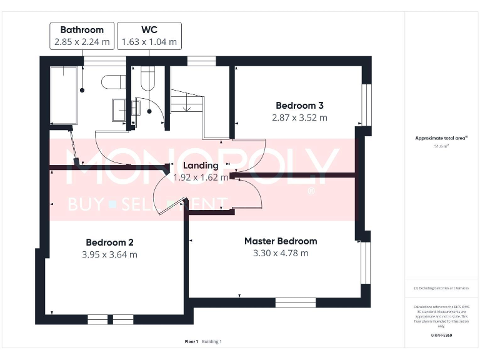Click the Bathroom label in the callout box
tap(82, 29)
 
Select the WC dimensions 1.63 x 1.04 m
tap(149, 42)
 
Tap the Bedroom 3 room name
tap(299, 105)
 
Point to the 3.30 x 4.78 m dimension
tap(280, 253)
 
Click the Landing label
tap(201, 166)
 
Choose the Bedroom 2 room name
tap(109, 242)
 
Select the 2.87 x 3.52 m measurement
tap(299, 117)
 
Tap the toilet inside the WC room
tap(149, 79)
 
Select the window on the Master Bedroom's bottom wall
tap(295, 302)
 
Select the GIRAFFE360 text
tap(441, 336)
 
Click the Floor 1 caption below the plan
tap(191, 341)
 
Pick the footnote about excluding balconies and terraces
tap(441, 288)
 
